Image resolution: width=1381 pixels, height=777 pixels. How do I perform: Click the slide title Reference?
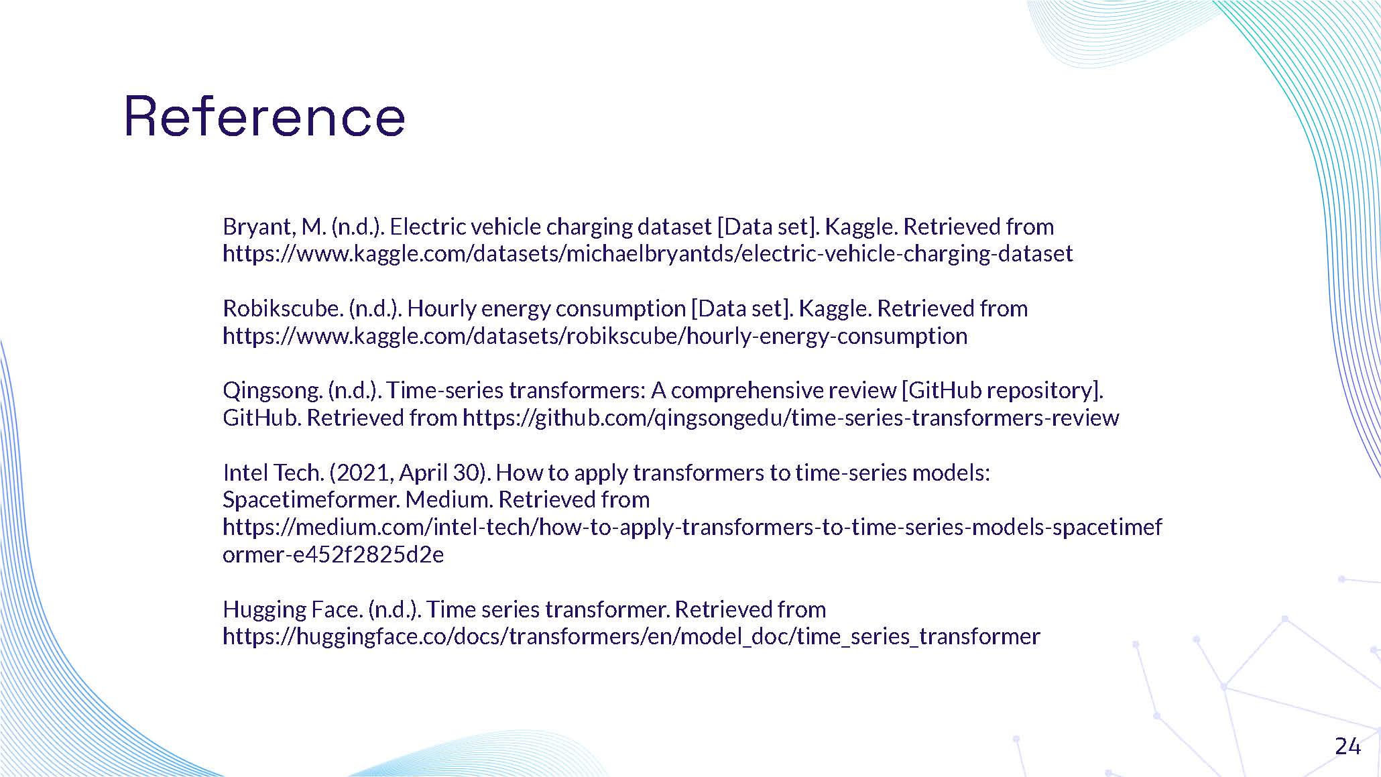click(265, 117)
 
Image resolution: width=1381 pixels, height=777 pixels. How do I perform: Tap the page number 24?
click(1347, 746)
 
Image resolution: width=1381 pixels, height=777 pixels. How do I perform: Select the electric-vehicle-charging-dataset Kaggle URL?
click(648, 254)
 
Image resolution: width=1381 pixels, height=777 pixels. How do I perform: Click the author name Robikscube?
click(282, 309)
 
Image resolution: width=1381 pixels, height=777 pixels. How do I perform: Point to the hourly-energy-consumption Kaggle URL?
click(595, 336)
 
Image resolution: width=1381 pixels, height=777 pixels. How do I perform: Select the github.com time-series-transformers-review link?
click(790, 418)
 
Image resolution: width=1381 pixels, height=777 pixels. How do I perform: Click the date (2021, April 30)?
click(410, 473)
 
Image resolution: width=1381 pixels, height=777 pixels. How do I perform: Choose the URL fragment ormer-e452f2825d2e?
click(333, 555)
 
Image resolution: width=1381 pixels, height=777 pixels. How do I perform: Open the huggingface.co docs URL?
click(631, 636)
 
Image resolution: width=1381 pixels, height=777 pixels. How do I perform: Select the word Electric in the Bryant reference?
click(427, 227)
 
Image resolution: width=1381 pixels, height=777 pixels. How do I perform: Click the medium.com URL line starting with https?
click(692, 528)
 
